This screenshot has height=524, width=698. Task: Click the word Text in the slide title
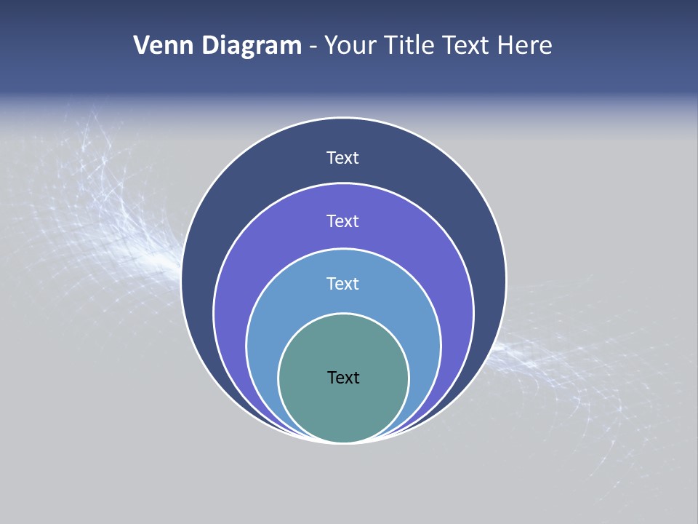pyautogui.click(x=467, y=46)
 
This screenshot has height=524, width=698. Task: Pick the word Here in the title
pyautogui.click(x=525, y=46)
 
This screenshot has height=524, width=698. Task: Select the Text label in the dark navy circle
pyautogui.click(x=343, y=158)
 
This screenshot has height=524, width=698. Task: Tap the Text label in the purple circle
pyautogui.click(x=343, y=221)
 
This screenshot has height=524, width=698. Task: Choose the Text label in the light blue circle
pyautogui.click(x=343, y=283)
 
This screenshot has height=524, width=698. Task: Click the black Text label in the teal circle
pyautogui.click(x=343, y=377)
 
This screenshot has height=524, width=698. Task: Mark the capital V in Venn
pyautogui.click(x=142, y=46)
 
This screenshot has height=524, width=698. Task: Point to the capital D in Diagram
pyautogui.click(x=209, y=46)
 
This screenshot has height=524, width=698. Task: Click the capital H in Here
pyautogui.click(x=506, y=46)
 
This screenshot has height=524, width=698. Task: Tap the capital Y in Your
pyautogui.click(x=332, y=46)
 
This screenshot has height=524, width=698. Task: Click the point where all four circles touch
pyautogui.click(x=344, y=442)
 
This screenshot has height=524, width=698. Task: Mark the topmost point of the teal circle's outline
pyautogui.click(x=344, y=314)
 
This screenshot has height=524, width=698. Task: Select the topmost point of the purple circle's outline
pyautogui.click(x=344, y=183)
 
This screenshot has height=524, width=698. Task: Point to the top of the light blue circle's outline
pyautogui.click(x=344, y=248)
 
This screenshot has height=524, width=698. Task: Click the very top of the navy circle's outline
pyautogui.click(x=344, y=118)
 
